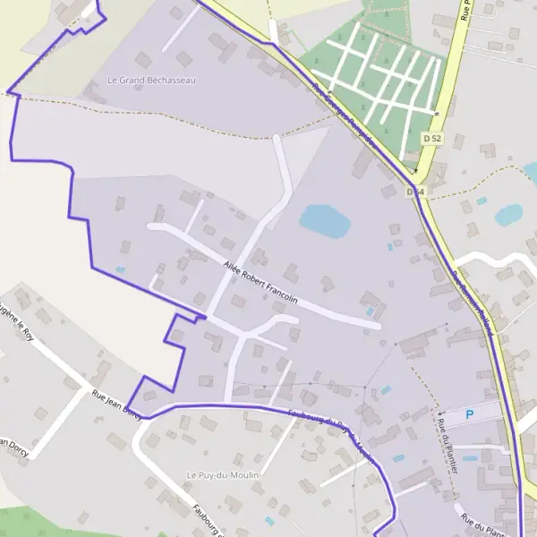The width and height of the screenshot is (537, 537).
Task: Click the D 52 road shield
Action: click(x=432, y=138)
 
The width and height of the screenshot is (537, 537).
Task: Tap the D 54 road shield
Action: click(x=414, y=192)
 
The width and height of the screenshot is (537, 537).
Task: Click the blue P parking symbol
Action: click(x=472, y=415)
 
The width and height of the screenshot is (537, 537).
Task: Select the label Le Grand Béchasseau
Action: click(x=151, y=80)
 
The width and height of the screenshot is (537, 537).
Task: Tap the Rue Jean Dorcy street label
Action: click(x=116, y=405)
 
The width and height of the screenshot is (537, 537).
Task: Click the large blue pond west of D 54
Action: click(x=324, y=220)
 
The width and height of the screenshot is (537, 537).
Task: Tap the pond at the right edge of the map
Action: click(x=508, y=214)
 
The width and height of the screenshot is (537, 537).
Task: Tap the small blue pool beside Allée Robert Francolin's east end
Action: click(x=371, y=311)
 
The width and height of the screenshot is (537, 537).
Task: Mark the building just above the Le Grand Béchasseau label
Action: click(x=183, y=59)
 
